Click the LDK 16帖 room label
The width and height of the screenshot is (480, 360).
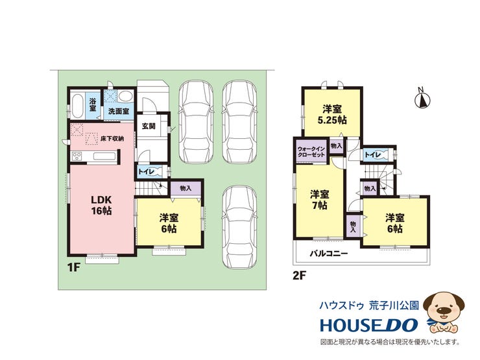point(101,206)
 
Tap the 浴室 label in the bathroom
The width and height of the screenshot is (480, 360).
point(93,104)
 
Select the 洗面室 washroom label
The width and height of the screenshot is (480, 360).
point(119,110)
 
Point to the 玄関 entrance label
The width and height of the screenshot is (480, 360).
point(149,126)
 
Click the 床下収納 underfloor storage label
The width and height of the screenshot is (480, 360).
point(112,139)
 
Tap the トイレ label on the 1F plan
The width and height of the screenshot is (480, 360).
point(146,172)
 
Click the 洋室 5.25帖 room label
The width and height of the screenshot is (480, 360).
point(332,115)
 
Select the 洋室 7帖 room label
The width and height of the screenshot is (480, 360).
point(320,200)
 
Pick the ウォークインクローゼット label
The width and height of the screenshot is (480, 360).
point(311,152)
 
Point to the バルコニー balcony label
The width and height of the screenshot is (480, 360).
point(328,254)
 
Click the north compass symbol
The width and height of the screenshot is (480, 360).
point(423,98)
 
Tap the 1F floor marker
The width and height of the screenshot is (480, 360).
point(73,268)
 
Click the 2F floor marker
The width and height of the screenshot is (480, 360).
point(300,276)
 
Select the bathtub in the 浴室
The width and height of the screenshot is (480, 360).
point(77,106)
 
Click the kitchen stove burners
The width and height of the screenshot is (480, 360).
point(77,156)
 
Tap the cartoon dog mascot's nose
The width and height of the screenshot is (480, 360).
point(443,310)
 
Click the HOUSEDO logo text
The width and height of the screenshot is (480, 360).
point(369,325)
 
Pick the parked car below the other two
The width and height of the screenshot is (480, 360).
point(239,228)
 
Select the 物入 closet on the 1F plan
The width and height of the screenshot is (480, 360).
point(186,188)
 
